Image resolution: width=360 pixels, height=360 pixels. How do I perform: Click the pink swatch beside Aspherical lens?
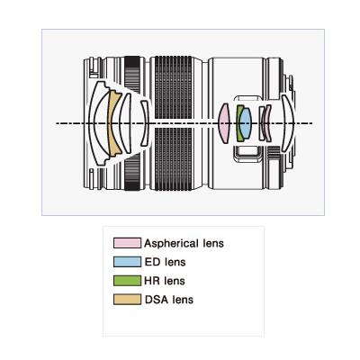click(x=127, y=243)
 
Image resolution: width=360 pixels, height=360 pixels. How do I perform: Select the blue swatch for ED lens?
click(x=127, y=262)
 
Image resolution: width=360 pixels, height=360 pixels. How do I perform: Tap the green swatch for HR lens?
click(x=127, y=281)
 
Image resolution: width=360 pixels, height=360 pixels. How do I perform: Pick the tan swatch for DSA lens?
click(x=127, y=300)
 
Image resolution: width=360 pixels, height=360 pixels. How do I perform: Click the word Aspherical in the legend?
click(x=171, y=243)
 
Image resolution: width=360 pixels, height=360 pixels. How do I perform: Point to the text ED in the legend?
click(x=152, y=262)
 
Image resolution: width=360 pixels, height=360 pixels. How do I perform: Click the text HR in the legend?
click(x=152, y=281)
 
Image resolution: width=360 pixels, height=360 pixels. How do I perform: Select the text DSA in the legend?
click(x=155, y=300)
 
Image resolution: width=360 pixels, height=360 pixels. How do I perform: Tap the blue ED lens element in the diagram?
click(x=245, y=123)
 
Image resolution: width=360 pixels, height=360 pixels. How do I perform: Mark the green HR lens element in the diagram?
click(x=239, y=123)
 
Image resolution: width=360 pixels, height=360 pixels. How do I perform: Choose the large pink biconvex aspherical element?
click(x=224, y=123)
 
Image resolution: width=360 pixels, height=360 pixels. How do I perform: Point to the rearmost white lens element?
click(x=288, y=123)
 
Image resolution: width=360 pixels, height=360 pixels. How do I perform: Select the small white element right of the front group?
click(x=146, y=123)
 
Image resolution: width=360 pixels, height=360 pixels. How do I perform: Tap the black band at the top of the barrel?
click(x=132, y=62)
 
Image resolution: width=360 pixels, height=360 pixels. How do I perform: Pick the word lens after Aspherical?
click(x=212, y=243)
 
